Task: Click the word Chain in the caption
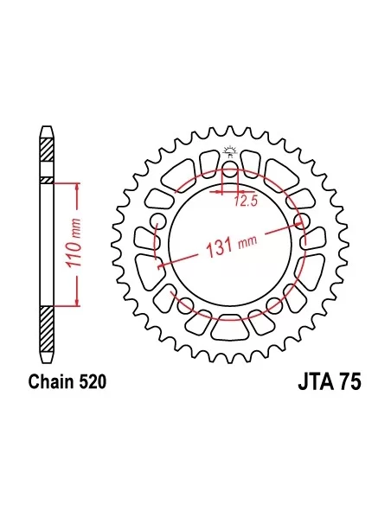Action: coord(50,381)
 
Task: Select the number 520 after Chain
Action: coord(92,381)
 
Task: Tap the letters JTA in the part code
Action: coord(315,382)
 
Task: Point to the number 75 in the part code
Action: coord(349,382)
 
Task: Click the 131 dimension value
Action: coord(219,247)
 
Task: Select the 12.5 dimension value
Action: coord(246,201)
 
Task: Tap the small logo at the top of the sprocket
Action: coord(230,151)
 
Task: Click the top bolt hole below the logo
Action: coord(229,169)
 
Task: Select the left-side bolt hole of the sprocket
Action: coord(157,221)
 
